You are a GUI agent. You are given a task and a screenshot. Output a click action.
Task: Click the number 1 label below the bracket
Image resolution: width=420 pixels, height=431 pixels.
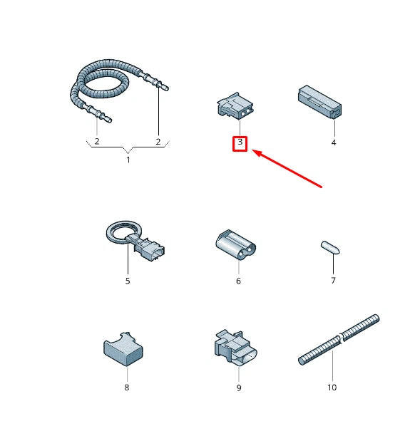tap(128, 160)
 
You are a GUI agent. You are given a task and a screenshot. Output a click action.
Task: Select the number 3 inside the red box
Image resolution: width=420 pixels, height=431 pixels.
tap(240, 142)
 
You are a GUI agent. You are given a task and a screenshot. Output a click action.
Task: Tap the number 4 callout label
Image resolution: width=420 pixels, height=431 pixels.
tap(334, 142)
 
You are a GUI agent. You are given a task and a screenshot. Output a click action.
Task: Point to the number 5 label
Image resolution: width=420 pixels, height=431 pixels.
tap(128, 281)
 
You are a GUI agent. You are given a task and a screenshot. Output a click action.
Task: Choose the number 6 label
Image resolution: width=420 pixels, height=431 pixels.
tap(238, 281)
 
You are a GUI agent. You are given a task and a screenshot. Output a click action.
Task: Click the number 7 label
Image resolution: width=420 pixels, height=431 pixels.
tap(333, 281)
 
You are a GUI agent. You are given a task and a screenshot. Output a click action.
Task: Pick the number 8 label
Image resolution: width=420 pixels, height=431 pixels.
tap(126, 388)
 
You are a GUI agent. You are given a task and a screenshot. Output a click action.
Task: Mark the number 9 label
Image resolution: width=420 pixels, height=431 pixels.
tap(239, 388)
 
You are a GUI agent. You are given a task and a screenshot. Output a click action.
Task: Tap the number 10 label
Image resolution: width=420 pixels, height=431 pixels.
tap(332, 388)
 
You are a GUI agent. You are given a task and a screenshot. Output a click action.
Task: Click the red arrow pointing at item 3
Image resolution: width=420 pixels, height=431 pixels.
tap(287, 169)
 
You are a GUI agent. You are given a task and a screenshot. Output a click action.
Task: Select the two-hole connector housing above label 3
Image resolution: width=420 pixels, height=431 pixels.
tap(235, 106)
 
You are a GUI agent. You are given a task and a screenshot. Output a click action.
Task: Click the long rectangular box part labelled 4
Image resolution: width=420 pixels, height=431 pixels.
tap(320, 102)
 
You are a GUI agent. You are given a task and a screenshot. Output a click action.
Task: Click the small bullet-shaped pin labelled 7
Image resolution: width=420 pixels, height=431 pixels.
tap(330, 247)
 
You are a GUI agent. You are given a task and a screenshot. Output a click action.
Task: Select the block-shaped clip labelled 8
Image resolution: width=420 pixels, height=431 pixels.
tap(123, 350)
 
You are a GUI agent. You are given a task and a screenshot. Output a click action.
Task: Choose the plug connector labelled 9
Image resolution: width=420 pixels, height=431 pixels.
tap(236, 348)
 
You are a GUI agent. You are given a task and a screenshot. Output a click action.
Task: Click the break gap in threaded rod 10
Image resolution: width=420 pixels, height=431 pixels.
tap(341, 337)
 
